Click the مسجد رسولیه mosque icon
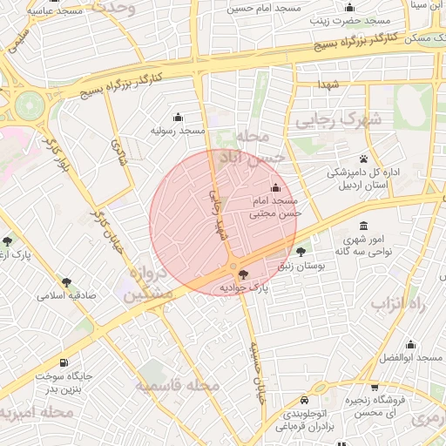179,118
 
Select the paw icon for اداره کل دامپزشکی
363,159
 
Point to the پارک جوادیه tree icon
242,275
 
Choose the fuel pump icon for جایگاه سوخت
63,363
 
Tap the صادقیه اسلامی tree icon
66,282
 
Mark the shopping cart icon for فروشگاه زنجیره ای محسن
375,388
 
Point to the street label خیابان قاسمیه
256,370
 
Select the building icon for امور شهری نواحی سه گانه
363,226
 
